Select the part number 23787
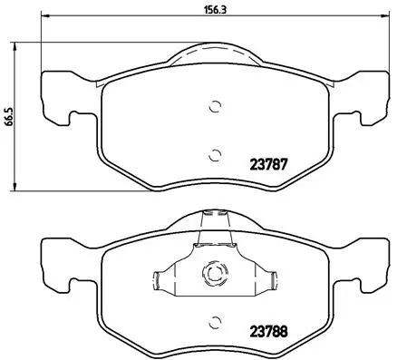(x=269, y=166)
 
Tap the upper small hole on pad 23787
(x=214, y=105)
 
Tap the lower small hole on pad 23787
(x=214, y=153)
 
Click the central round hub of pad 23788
(x=215, y=272)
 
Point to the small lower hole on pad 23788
(x=214, y=321)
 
